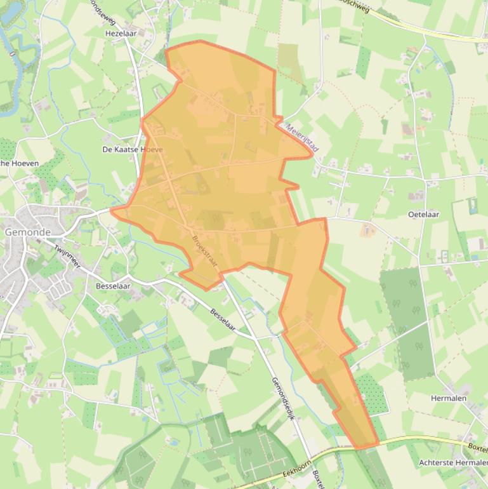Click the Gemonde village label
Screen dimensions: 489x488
tap(27, 232)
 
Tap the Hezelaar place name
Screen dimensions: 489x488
tap(121, 32)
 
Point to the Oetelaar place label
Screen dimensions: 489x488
tap(423, 215)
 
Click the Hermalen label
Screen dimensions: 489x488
tap(449, 398)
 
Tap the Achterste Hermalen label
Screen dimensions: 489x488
tap(453, 463)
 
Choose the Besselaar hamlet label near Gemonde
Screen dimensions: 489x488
tap(112, 286)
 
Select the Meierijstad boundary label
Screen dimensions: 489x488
tap(302, 137)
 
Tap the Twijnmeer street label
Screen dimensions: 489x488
tap(67, 257)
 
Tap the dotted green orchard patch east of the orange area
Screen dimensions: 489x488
tap(371, 394)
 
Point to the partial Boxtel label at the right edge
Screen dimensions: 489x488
tap(477, 446)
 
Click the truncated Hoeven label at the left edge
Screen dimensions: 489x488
tap(19, 163)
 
